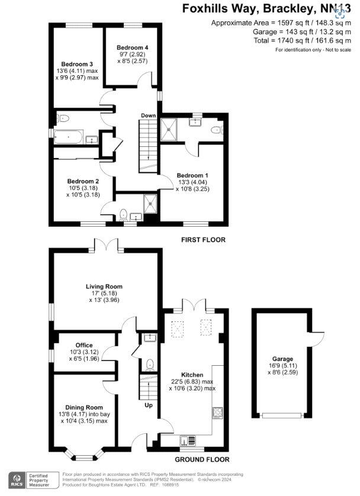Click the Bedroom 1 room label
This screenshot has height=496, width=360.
click(192, 175)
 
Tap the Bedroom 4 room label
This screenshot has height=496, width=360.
click(132, 47)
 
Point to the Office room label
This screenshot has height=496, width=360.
click(83, 345)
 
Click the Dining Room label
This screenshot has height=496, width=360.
click(85, 407)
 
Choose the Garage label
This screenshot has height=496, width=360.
click(282, 359)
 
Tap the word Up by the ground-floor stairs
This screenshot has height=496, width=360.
click(149, 406)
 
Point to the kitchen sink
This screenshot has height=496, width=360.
click(188, 439)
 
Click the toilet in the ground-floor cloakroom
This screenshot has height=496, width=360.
click(149, 364)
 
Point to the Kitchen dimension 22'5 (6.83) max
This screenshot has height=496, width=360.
click(192, 382)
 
